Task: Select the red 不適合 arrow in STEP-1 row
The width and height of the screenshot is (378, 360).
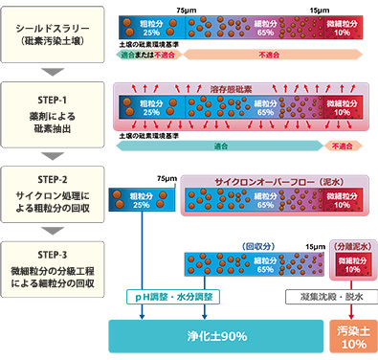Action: coord(343,146)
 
